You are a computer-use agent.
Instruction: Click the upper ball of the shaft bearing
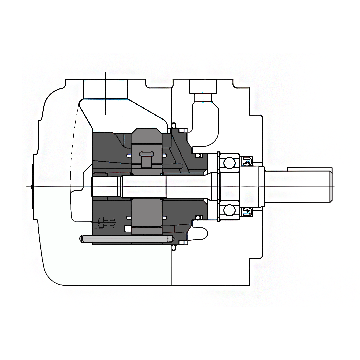click(229, 163)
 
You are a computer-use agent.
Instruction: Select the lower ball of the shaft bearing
click(229, 210)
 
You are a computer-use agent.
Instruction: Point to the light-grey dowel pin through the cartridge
click(127, 239)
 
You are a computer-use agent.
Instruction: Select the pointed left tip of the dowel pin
click(81, 239)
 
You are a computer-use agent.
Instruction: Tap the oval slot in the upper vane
click(146, 154)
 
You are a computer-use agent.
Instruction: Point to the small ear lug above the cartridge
click(173, 126)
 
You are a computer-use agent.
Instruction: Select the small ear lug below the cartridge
click(173, 247)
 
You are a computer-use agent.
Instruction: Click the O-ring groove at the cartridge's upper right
click(199, 156)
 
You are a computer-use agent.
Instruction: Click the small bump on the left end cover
click(32, 186)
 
